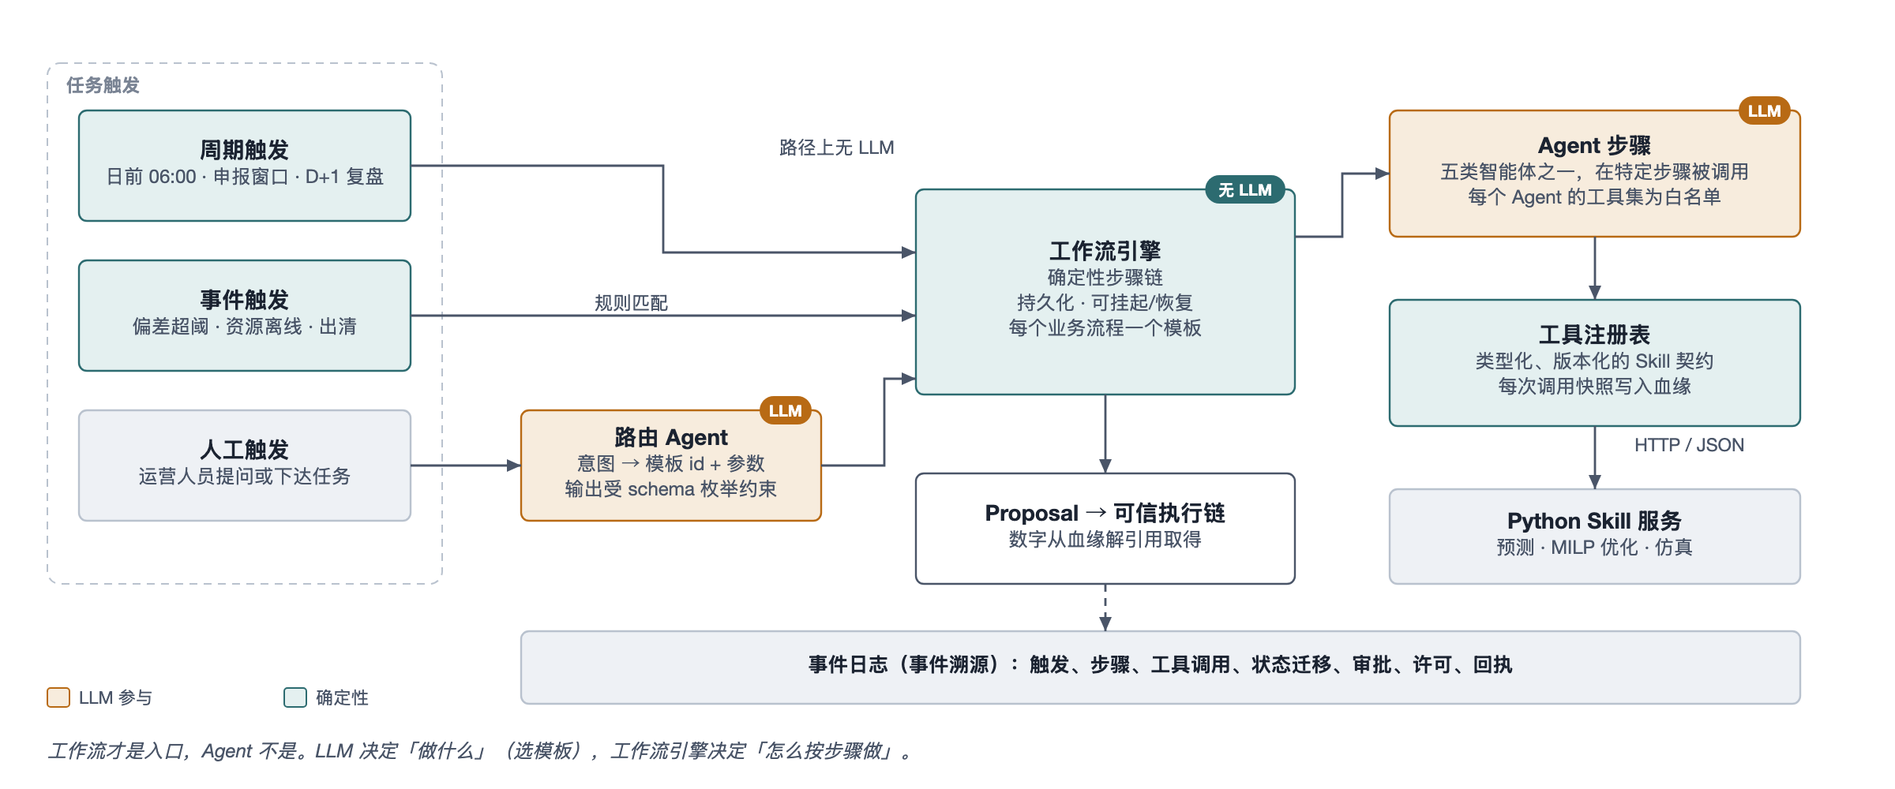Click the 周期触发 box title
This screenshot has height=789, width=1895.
tap(244, 149)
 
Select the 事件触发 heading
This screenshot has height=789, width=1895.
tap(244, 299)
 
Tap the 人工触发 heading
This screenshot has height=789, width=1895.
tap(244, 449)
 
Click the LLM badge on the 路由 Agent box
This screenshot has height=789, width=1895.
tap(785, 410)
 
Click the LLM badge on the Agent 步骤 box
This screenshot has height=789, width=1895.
tap(1764, 110)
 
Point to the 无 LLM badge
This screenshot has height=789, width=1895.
tap(1245, 189)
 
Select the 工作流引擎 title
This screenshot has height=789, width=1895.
tap(1105, 251)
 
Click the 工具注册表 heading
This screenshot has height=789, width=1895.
tap(1594, 335)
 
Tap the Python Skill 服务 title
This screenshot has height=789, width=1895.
tap(1594, 521)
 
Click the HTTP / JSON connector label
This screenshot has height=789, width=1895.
tap(1689, 445)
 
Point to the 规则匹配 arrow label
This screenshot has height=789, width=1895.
tap(631, 303)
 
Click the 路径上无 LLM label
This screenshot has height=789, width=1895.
tap(836, 148)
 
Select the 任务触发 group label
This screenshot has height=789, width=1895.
tap(103, 85)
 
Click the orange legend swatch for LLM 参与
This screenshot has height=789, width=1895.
tap(58, 697)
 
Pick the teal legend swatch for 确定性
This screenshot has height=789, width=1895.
tap(295, 697)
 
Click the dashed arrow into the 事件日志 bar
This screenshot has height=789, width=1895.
tap(1105, 608)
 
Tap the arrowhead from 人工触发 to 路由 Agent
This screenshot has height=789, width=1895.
tap(513, 466)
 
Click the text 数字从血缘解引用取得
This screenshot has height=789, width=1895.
tap(1105, 540)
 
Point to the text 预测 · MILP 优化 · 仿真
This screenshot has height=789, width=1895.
tap(1594, 548)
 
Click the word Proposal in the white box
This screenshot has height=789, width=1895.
tap(1031, 513)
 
